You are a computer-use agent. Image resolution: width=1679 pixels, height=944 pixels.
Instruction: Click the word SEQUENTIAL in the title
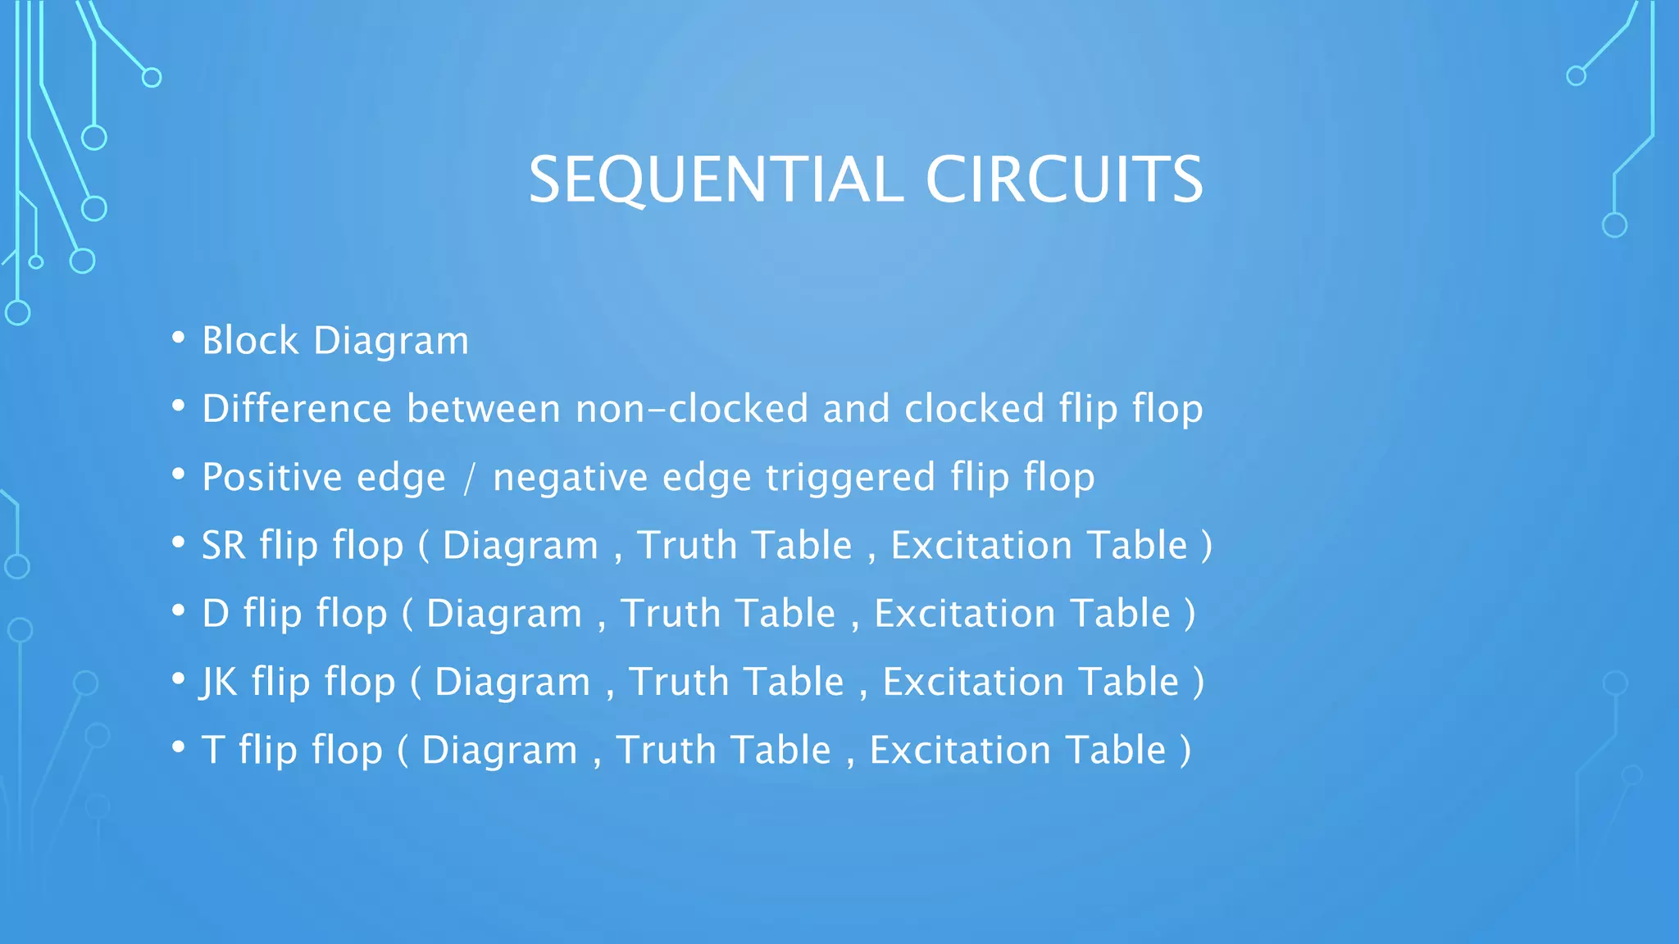pos(716,180)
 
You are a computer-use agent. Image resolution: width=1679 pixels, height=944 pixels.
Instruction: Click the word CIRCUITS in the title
pos(1064,180)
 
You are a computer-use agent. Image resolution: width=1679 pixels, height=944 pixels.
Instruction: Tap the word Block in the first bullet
pos(250,341)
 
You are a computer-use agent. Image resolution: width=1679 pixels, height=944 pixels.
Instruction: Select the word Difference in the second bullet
pos(297,409)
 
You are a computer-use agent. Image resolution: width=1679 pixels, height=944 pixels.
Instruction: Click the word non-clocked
pos(691,409)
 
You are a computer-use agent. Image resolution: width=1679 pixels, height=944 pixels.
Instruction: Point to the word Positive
pos(271,478)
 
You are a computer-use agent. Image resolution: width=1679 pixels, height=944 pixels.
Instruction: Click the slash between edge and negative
pos(469,479)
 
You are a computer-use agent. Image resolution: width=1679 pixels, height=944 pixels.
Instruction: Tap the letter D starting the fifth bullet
pos(215,614)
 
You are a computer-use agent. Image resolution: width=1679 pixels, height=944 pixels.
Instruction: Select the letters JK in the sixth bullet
pos(218,683)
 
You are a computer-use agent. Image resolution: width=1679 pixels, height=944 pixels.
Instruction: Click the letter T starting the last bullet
pos(212,751)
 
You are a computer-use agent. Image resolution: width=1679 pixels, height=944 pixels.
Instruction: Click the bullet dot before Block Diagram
pos(178,338)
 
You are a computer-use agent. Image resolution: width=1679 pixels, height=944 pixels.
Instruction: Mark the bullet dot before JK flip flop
pos(178,679)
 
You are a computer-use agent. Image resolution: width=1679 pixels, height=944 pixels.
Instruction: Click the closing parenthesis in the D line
pos(1190,615)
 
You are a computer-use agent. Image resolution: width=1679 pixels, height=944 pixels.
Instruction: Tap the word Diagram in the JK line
pos(512,683)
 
